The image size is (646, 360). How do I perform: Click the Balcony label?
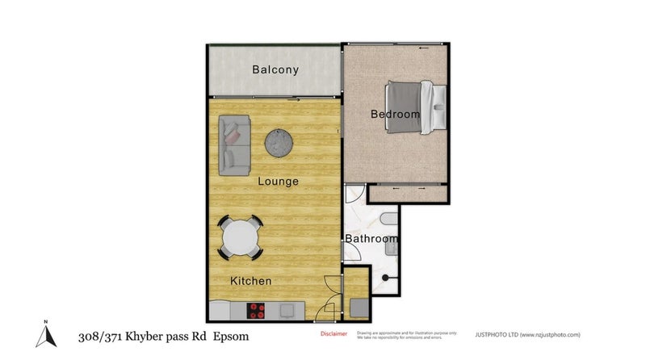(x=275, y=69)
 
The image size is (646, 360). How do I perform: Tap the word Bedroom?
(x=395, y=114)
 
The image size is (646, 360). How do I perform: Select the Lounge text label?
(x=278, y=181)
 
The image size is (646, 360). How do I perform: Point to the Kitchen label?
(x=250, y=281)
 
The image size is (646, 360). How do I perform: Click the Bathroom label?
(x=371, y=239)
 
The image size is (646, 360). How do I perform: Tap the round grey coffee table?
(x=279, y=143)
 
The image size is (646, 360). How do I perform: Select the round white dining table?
(x=240, y=238)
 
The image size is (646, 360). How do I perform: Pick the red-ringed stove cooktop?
(x=257, y=309)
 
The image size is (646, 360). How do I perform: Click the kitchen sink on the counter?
(x=286, y=309)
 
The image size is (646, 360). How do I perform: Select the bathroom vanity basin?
(x=390, y=248)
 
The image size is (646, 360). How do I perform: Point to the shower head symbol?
(x=386, y=278)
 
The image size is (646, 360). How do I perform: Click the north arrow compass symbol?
(x=46, y=333)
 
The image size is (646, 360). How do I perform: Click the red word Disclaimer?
(x=333, y=333)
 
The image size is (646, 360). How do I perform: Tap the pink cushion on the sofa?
(x=232, y=136)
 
